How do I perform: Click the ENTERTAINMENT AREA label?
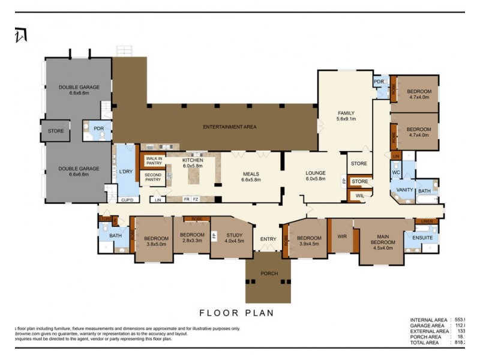pos(230,127)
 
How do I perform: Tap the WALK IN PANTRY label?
pos(154,161)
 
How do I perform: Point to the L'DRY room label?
pos(125,172)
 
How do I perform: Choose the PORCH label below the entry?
pos(269,274)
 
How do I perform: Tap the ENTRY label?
pos(268,239)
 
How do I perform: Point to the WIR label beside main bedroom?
pos(342,236)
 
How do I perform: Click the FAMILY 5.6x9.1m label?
pos(346,116)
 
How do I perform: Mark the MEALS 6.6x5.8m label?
pos(250,176)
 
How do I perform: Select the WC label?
pos(395,173)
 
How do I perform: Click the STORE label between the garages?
pos(56,131)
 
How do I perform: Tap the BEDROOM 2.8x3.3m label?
pos(193,238)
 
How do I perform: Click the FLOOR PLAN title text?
pos(236,313)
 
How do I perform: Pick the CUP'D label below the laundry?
pos(127,200)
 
